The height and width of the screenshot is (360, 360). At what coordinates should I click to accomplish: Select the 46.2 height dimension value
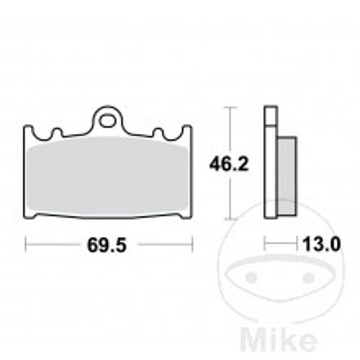229,164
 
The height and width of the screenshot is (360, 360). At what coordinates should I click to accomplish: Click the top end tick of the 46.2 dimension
229,108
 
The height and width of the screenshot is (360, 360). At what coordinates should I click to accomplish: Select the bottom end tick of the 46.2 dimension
229,219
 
